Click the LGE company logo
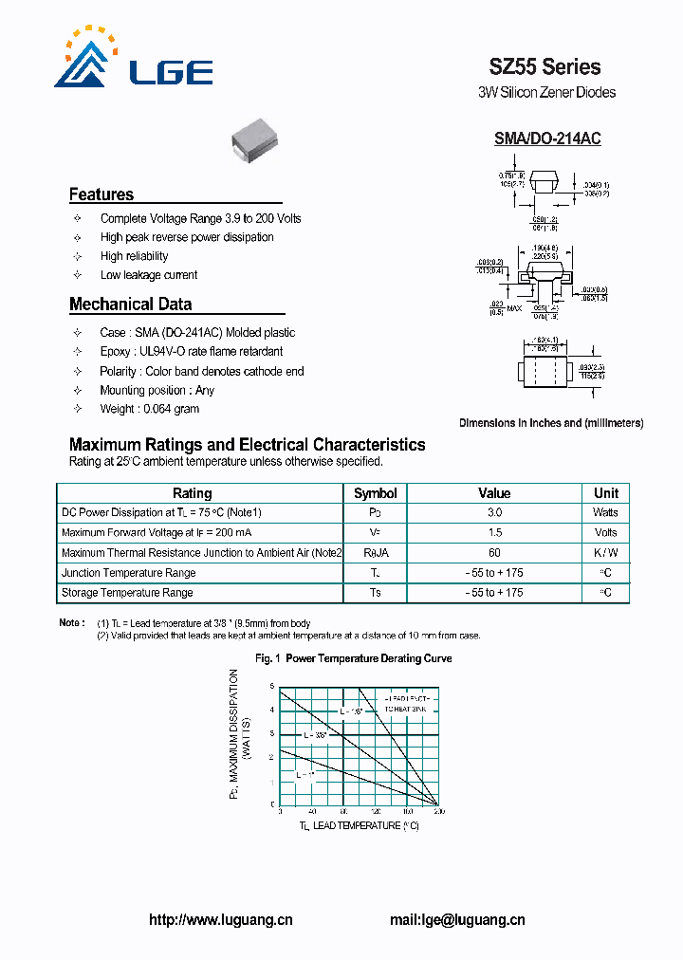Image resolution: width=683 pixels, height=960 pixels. click(133, 60)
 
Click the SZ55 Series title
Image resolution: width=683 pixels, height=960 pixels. click(545, 66)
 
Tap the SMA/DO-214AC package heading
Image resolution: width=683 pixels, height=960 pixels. click(546, 138)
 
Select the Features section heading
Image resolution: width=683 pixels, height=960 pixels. click(102, 194)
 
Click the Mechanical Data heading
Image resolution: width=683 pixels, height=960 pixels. click(130, 305)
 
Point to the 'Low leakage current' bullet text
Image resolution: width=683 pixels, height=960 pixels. click(149, 275)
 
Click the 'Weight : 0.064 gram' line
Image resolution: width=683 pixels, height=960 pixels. click(149, 409)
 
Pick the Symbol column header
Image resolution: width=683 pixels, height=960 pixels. click(376, 493)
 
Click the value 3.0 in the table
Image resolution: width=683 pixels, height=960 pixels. click(493, 512)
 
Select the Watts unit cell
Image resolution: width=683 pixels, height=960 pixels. click(605, 512)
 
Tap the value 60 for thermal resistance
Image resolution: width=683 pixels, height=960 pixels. click(493, 552)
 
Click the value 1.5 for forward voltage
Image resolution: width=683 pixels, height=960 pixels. click(493, 532)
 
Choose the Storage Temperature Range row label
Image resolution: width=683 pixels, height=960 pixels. click(127, 593)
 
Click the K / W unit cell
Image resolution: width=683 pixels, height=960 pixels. click(605, 552)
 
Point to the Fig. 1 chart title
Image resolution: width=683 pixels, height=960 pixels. click(354, 658)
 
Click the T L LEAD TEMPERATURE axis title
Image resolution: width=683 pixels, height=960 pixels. click(359, 826)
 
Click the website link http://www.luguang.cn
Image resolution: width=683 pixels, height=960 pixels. click(221, 920)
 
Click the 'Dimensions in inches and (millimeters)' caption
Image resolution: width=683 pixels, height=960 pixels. click(551, 423)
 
